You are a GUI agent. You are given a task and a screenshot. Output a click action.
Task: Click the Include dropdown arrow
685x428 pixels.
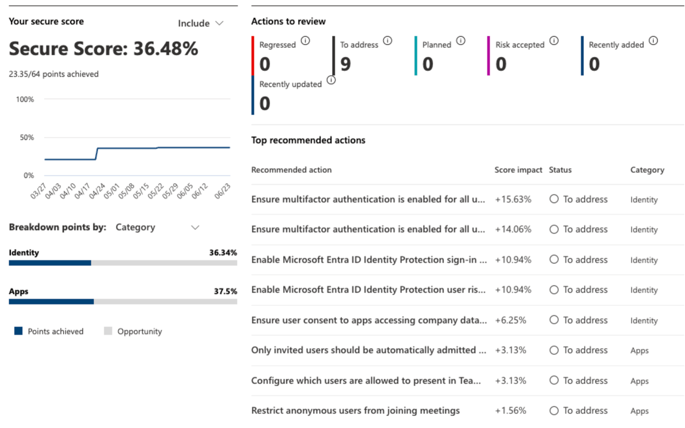[220, 23]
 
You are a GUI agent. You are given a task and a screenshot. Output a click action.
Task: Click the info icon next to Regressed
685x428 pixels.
[305, 41]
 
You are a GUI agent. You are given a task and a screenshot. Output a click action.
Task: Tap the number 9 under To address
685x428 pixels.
[345, 64]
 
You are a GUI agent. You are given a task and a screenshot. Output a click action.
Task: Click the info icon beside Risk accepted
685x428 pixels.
[554, 41]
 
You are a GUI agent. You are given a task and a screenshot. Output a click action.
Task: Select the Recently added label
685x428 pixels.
[616, 45]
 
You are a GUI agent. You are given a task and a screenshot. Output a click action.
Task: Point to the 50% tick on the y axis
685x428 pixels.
[27, 137]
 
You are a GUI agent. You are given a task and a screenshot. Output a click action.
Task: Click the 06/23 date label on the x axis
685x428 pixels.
[222, 191]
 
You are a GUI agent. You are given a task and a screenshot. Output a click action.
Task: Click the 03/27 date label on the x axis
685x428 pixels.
[38, 191]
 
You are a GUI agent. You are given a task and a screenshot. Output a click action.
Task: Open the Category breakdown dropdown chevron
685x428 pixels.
[195, 227]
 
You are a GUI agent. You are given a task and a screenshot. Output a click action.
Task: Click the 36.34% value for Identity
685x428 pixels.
[223, 252]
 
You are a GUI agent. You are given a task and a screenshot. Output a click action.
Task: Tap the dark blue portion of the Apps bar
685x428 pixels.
[51, 302]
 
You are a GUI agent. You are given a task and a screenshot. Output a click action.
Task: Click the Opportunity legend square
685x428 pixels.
[108, 331]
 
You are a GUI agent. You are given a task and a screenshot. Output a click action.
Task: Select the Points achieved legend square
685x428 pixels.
[18, 331]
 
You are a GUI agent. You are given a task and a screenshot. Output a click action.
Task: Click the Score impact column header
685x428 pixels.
[518, 170]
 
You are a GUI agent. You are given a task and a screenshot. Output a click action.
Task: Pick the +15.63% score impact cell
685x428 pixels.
[513, 199]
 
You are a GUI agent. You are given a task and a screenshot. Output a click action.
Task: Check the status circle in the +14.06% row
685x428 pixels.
[554, 229]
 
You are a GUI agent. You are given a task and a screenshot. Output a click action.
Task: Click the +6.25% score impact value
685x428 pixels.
[511, 320]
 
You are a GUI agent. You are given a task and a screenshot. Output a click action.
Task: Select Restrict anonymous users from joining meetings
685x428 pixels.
[355, 410]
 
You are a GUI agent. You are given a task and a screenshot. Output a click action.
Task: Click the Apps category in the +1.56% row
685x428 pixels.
[639, 411]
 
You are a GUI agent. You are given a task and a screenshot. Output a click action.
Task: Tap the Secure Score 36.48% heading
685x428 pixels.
[103, 49]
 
